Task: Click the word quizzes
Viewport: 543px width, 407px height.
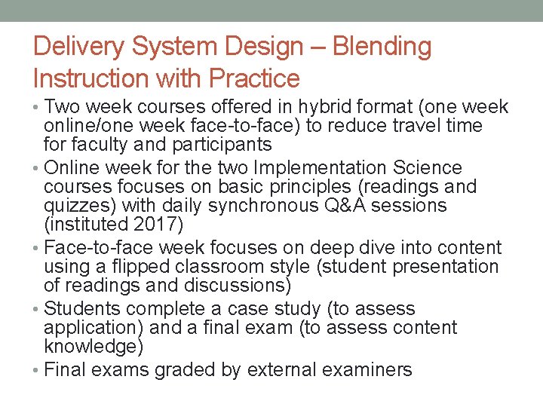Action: click(x=78, y=206)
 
